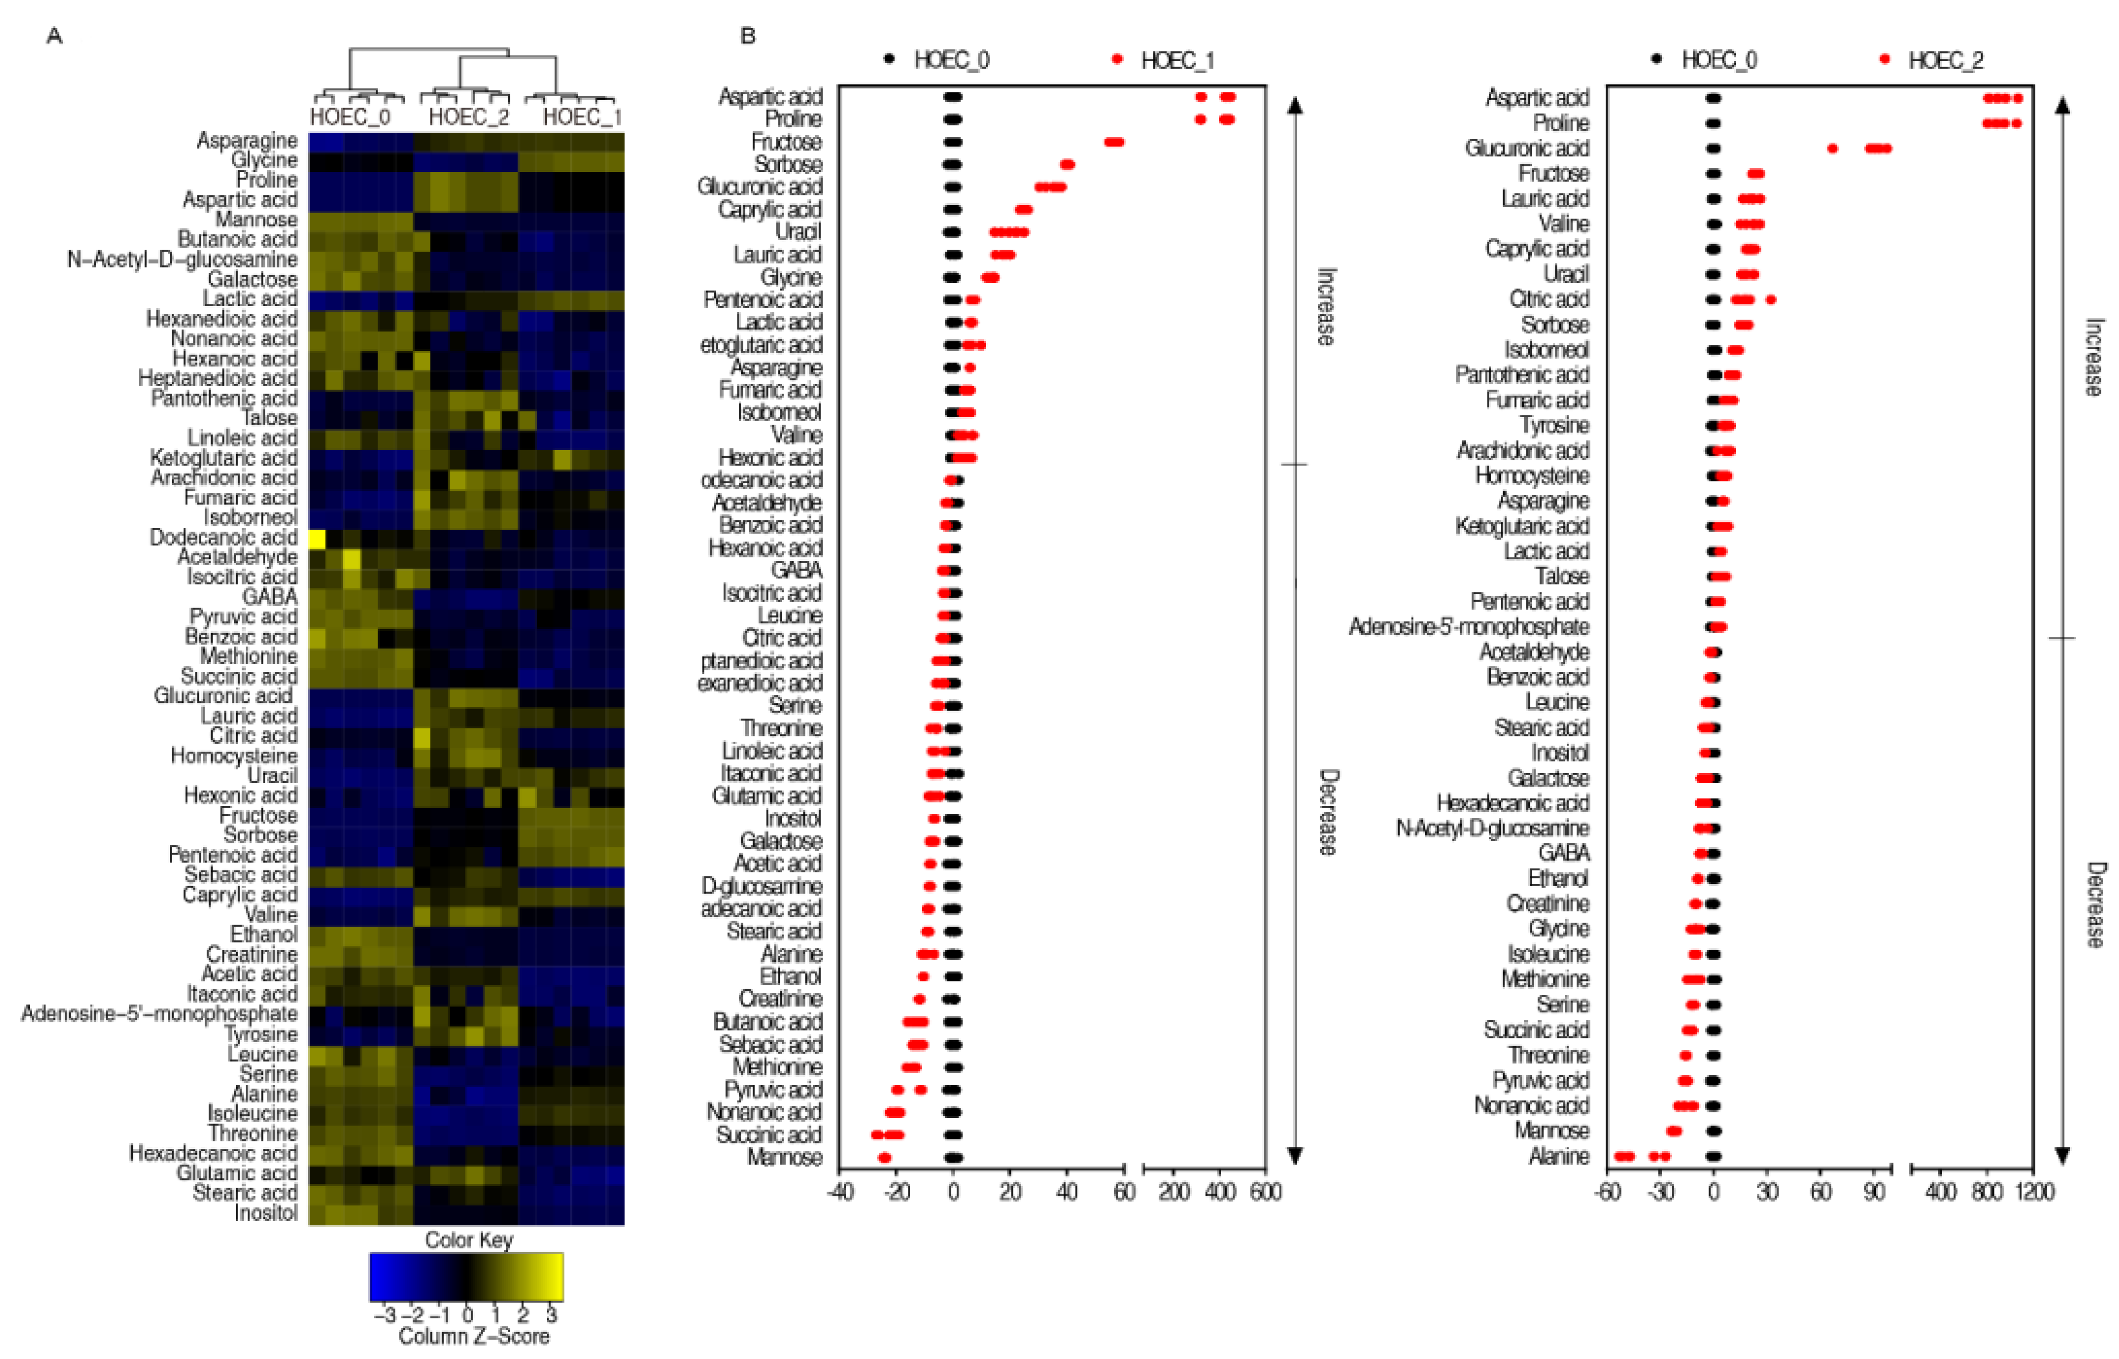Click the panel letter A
point(55,36)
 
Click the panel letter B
point(747,36)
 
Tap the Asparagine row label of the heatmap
point(247,140)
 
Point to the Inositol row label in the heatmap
point(266,1214)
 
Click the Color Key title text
point(469,1240)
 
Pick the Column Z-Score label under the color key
point(474,1336)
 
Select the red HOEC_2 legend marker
point(1885,60)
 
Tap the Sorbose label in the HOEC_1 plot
point(788,165)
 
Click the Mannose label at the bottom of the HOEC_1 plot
point(785,1157)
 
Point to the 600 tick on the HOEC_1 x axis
point(1266,1192)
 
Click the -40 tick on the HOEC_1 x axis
point(839,1192)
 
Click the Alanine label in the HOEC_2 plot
point(1558,1156)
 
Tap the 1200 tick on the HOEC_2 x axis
point(2034,1192)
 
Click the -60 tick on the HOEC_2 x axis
point(1607,1192)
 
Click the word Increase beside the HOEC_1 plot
point(1326,306)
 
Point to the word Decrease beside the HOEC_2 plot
point(2094,904)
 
